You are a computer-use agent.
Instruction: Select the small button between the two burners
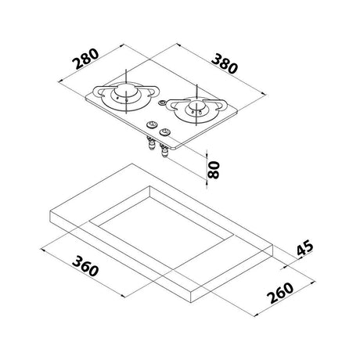pyautogui.click(x=162, y=104)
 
